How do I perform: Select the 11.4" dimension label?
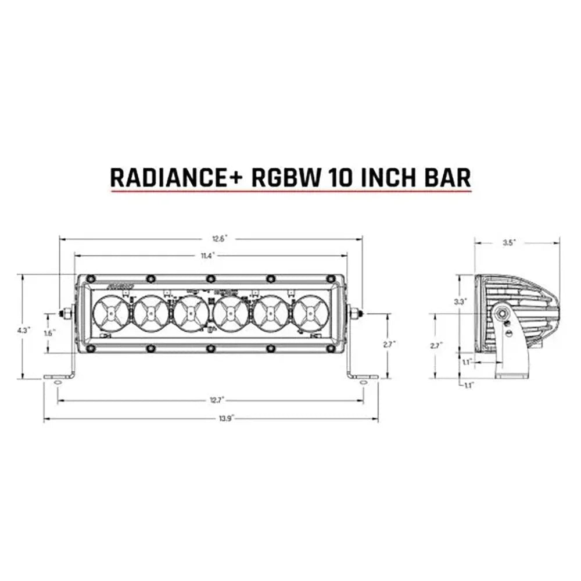click(207, 255)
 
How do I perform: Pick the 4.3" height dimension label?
click(24, 329)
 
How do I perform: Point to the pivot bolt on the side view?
click(501, 314)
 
